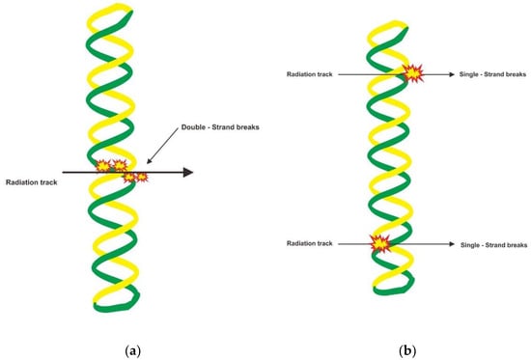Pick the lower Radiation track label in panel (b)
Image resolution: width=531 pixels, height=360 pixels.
(309, 244)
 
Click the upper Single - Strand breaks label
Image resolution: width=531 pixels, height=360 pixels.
(491, 73)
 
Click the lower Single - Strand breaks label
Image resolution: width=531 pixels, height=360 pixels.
(491, 246)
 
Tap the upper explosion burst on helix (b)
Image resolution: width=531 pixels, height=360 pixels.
(413, 72)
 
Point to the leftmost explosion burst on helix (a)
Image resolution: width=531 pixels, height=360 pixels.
(102, 166)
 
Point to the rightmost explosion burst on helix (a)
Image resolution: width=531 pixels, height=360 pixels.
(142, 177)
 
